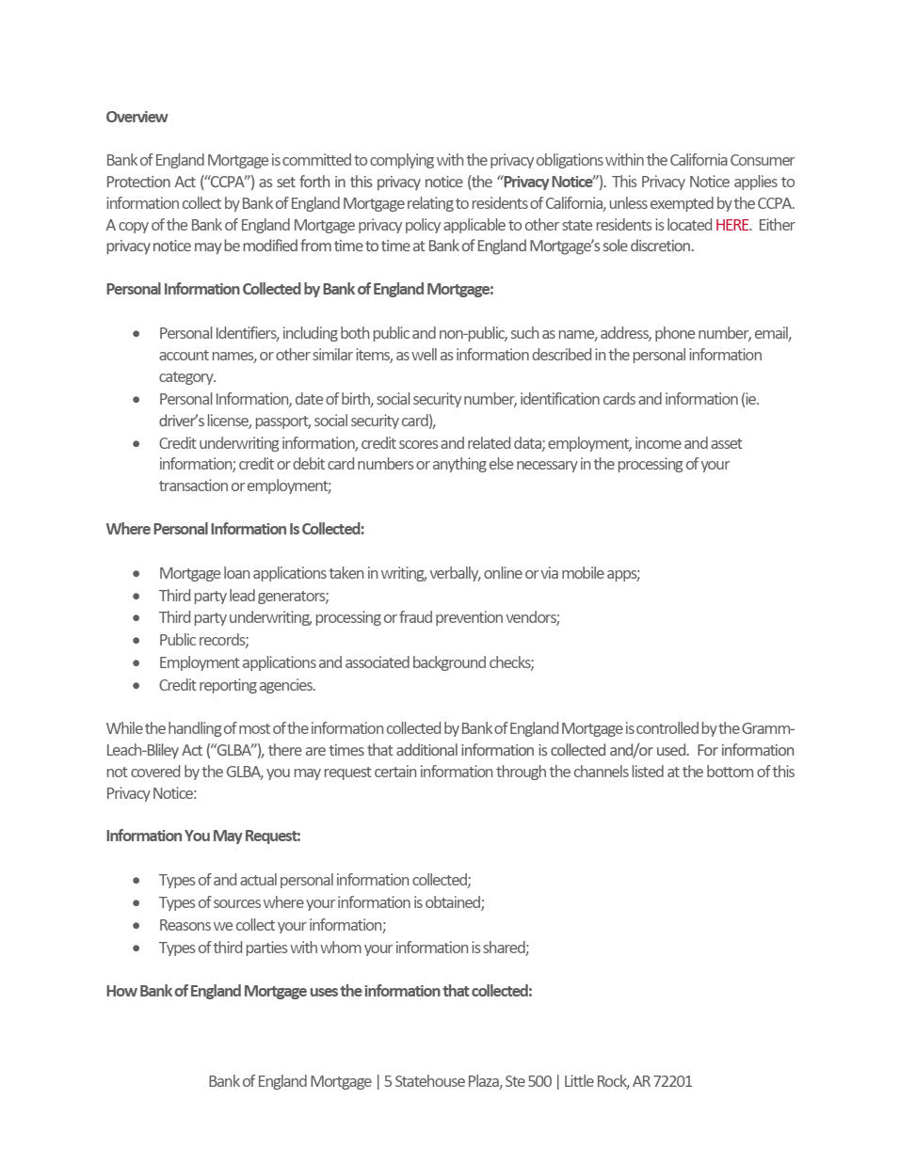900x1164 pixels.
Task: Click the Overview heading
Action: (137, 118)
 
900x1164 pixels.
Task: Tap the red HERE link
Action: (731, 225)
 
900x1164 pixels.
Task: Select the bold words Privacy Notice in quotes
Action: (548, 182)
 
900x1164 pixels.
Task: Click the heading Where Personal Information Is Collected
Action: (234, 529)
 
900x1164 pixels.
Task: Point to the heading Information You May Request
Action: (203, 836)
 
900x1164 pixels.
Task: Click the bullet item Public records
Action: (203, 640)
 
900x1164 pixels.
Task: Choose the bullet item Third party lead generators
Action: (243, 596)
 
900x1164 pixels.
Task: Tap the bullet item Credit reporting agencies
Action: (237, 685)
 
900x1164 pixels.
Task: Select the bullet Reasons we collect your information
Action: (272, 925)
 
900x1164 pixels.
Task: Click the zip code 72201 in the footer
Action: (672, 1081)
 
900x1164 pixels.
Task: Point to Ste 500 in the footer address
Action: (528, 1081)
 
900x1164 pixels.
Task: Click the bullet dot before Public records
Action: (137, 641)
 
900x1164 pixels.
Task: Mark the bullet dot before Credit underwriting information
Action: (137, 443)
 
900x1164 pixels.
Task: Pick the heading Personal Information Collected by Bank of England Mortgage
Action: (299, 289)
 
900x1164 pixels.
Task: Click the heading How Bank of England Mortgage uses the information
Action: (319, 991)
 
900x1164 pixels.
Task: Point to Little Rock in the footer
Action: (595, 1081)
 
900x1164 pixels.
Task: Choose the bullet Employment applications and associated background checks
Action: (346, 662)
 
